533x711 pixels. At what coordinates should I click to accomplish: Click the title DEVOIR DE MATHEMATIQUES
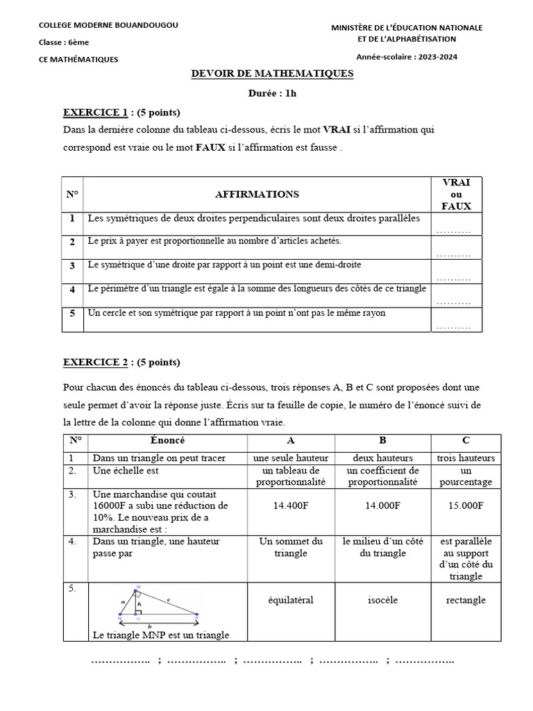coord(272,74)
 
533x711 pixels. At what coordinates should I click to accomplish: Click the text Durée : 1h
coord(272,93)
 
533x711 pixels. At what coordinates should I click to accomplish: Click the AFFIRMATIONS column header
coord(257,194)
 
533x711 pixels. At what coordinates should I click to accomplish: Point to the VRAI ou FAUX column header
coord(456,194)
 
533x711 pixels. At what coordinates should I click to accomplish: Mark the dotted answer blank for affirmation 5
coord(455,326)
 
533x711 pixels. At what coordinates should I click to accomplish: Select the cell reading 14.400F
coord(291,506)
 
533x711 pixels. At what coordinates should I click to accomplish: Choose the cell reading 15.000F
coord(465,506)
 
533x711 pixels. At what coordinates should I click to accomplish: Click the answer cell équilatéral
coord(291,600)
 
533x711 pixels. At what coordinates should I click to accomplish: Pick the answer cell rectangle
coord(465,600)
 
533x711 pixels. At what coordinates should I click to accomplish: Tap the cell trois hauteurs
coord(465,458)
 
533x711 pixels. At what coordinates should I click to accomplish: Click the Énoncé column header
coord(167,440)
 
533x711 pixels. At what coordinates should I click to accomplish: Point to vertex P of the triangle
coord(197,614)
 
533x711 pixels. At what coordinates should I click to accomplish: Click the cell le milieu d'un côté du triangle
coord(382,547)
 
